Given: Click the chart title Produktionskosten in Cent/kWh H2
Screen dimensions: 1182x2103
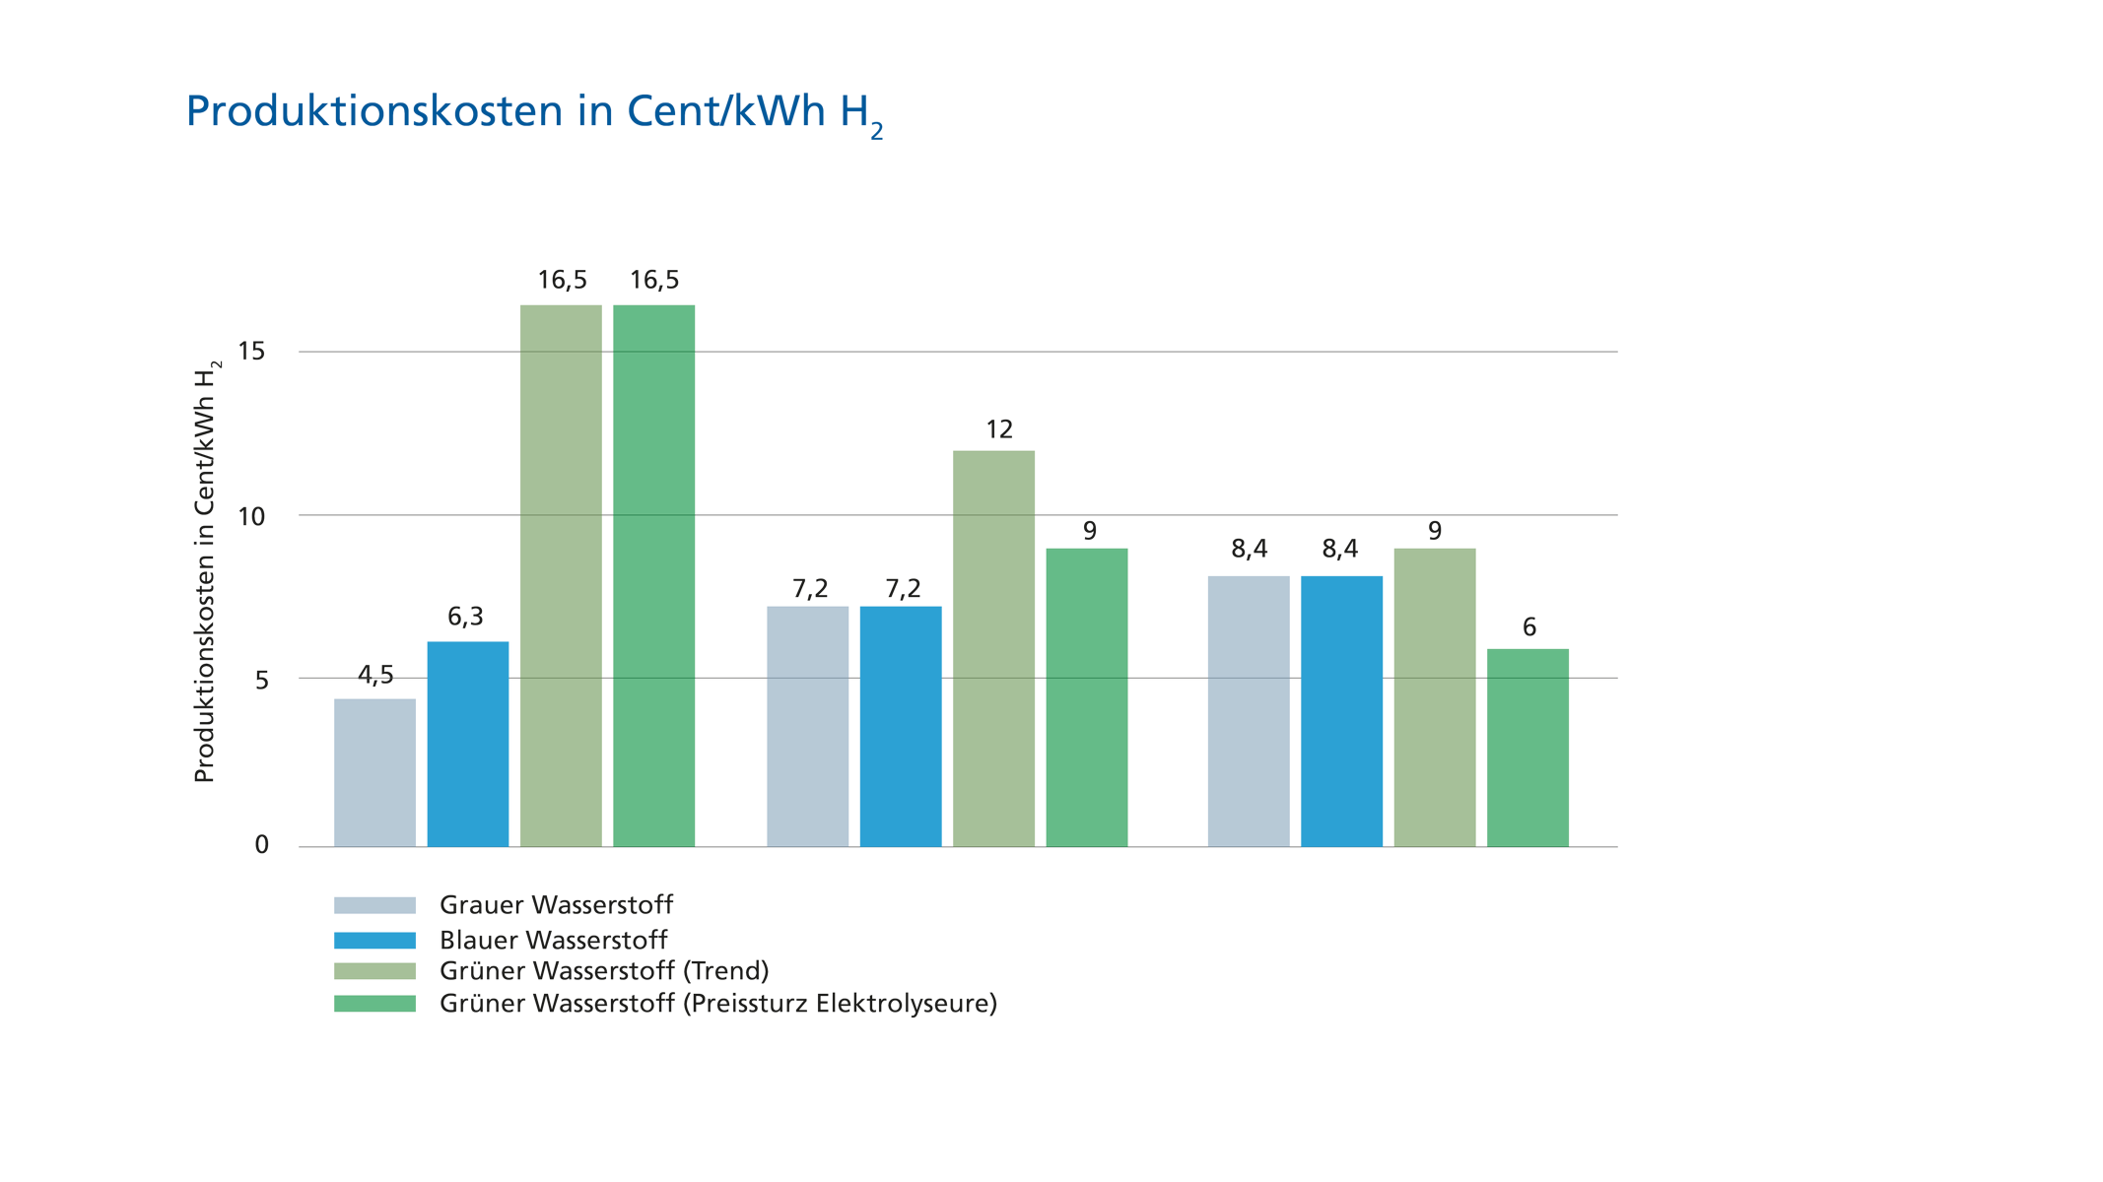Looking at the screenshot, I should coord(534,113).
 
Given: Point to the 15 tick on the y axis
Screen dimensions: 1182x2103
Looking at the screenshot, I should coord(254,352).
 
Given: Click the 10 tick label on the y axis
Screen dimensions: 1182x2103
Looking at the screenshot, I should coord(254,515).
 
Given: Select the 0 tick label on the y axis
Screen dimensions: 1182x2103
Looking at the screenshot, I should coord(261,845).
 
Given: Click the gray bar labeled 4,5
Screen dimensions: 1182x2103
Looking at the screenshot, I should coord(374,771).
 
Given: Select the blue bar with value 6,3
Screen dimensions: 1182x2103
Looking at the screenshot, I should coord(468,744).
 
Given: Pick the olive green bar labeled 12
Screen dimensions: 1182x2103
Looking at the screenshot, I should coord(994,647).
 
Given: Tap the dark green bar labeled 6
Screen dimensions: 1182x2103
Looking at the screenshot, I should coord(1527,747).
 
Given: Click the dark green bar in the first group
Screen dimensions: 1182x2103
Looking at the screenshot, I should coord(654,574).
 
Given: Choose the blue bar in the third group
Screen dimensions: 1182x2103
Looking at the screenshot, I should coord(1341,709).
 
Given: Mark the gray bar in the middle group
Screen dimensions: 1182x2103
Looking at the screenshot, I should coord(808,725).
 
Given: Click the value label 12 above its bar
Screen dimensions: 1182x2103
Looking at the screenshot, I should coord(998,429).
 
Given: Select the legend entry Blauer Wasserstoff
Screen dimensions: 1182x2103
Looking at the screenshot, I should coord(553,939).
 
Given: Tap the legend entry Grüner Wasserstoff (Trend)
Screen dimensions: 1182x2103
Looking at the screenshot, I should coord(603,971).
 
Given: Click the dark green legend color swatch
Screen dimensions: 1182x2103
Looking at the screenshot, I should coord(374,1004).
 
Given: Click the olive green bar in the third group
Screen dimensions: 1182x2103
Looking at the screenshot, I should coord(1435,695).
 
